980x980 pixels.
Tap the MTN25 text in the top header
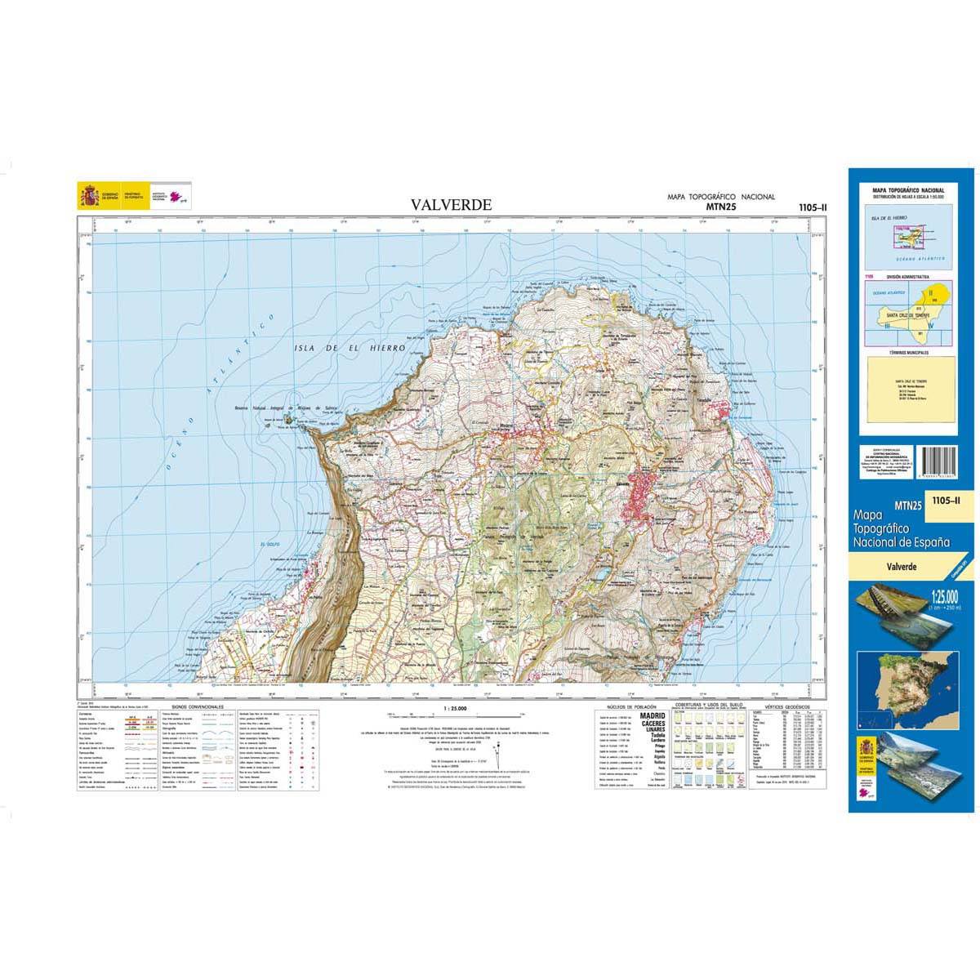[x=719, y=208]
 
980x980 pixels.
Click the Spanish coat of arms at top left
[x=87, y=196]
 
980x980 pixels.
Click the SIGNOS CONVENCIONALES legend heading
[x=193, y=707]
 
